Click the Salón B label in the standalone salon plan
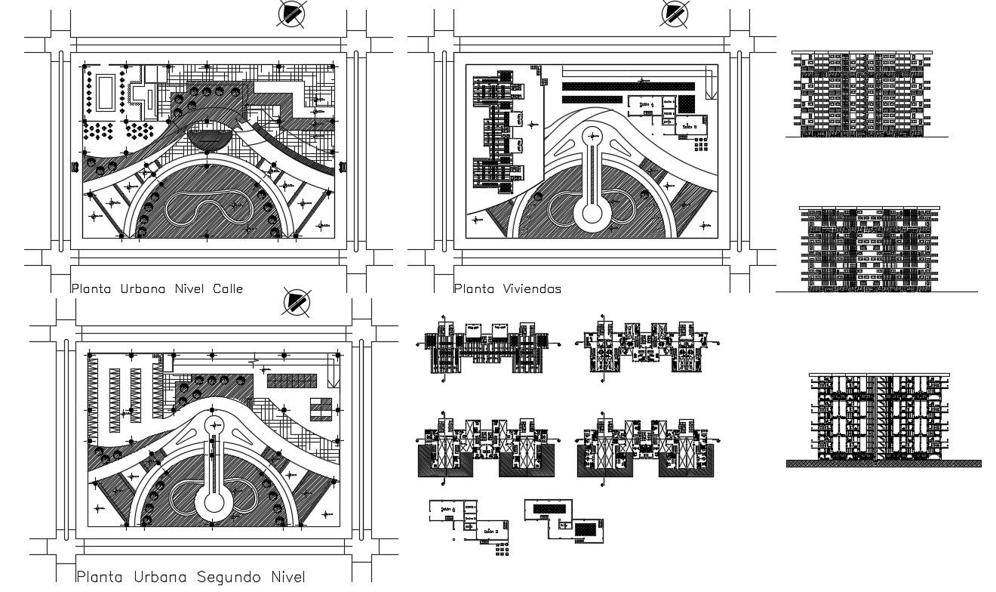click(x=488, y=532)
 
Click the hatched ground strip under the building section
click(x=884, y=464)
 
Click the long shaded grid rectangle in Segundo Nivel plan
click(x=287, y=379)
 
